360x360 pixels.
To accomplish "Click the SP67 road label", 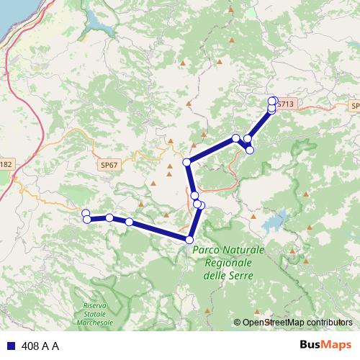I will pos(109,165).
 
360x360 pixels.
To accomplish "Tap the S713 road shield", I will pos(286,104).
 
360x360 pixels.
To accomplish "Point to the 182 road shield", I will pos(6,164).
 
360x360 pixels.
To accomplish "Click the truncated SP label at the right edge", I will pos(354,106).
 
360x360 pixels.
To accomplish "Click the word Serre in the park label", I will pos(243,275).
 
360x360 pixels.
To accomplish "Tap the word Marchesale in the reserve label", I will pos(94,323).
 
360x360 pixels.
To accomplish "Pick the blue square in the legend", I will pos(11,346).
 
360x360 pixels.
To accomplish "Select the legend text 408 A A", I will pos(40,346).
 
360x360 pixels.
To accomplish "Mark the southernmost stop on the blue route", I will pos(189,240).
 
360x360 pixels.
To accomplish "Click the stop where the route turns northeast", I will pos(187,162).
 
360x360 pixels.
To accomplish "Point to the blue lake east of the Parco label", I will pos(278,220).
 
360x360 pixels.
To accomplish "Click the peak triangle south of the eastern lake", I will pos(292,251).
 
